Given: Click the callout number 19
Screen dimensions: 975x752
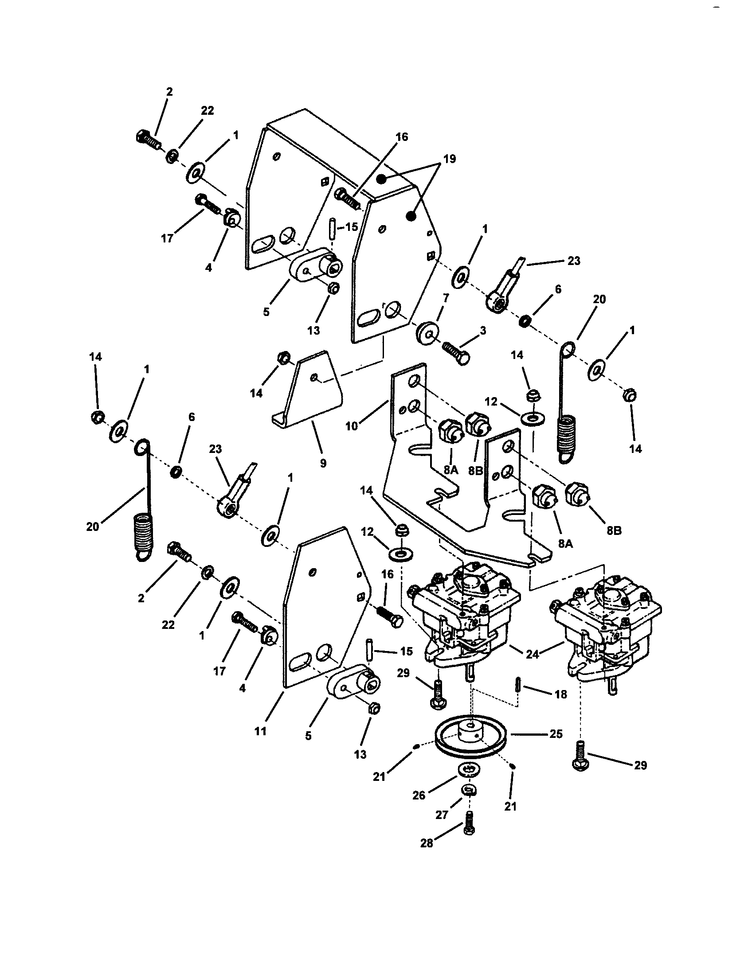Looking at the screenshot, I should click(450, 159).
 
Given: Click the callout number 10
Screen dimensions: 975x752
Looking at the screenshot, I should click(352, 426).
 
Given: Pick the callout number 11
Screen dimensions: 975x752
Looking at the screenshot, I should click(260, 731).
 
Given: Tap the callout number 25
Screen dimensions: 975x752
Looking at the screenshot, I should click(556, 734).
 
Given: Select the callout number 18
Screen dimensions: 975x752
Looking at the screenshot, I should click(561, 694).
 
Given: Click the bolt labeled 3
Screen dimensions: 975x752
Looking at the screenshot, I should click(455, 347).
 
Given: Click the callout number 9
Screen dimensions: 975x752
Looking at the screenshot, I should click(323, 464).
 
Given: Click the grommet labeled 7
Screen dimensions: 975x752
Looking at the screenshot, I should click(427, 333).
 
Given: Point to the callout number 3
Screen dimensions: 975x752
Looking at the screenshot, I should click(483, 331).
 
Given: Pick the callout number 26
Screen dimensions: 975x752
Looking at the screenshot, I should click(419, 796).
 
